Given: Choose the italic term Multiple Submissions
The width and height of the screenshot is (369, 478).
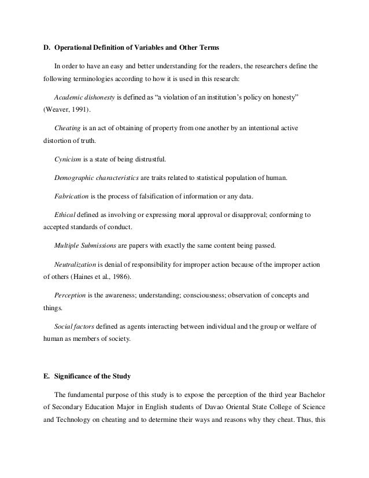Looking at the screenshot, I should [x=84, y=246].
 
